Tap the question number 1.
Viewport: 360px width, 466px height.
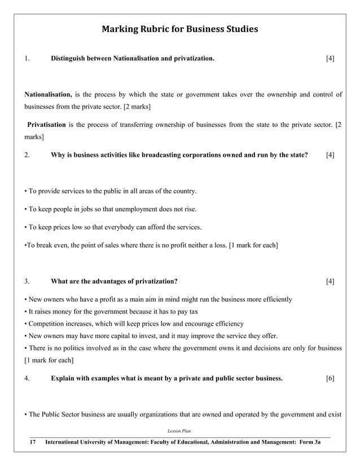click(27, 58)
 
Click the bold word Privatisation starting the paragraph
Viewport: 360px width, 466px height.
click(47, 124)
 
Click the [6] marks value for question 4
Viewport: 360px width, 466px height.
click(330, 378)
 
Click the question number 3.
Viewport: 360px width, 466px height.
click(27, 281)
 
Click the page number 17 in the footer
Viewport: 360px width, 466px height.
click(33, 444)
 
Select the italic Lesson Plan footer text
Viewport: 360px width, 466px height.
click(179, 431)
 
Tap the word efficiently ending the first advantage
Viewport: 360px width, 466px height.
click(276, 299)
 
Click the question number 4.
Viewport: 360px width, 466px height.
click(27, 378)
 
